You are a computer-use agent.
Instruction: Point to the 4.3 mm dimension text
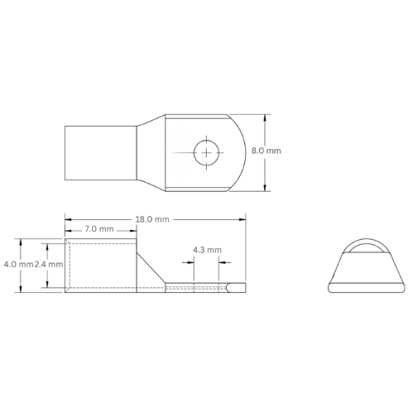pyautogui.click(x=206, y=249)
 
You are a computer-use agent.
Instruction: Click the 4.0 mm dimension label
pyautogui.click(x=17, y=264)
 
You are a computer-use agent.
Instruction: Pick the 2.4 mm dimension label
pyautogui.click(x=49, y=264)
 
